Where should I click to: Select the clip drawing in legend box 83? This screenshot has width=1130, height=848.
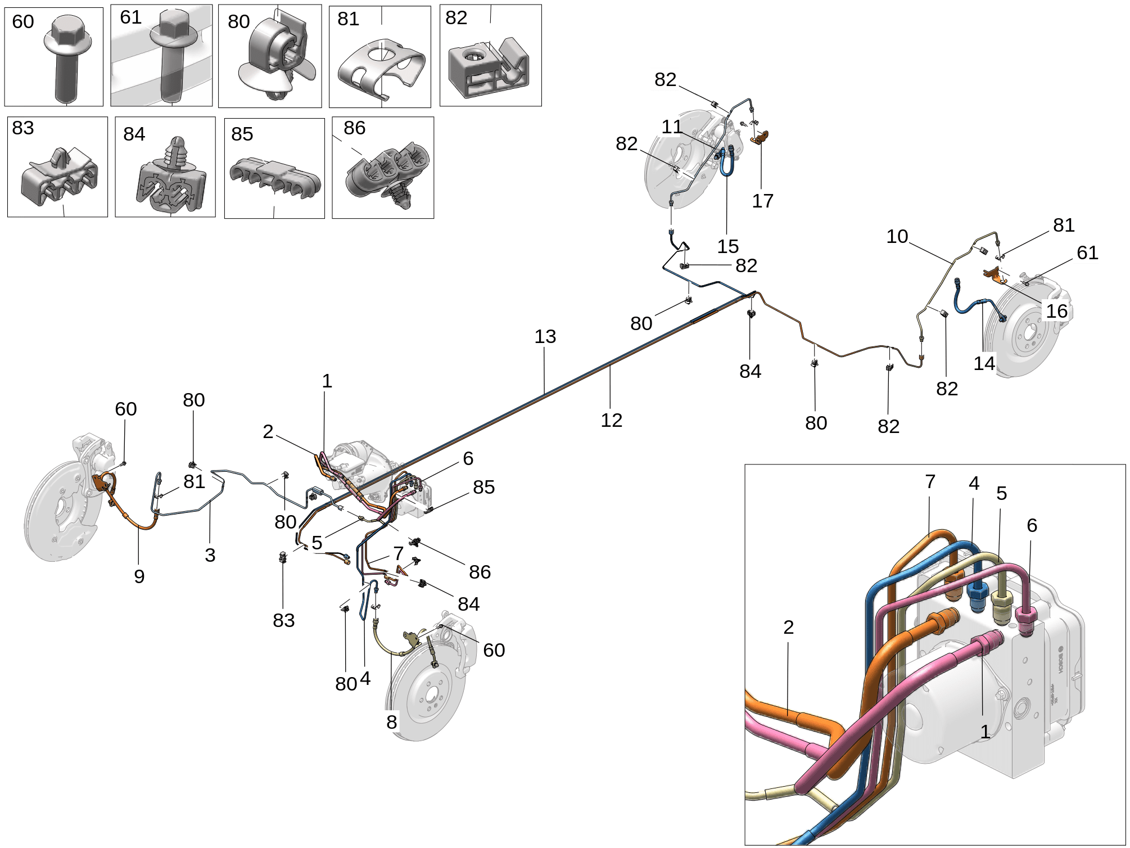click(x=58, y=177)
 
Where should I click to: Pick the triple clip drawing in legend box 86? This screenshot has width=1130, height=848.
click(x=388, y=172)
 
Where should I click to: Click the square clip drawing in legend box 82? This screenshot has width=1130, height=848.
click(x=489, y=67)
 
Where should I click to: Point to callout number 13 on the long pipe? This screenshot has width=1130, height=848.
click(x=545, y=336)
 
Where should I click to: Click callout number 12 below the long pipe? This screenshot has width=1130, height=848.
click(x=611, y=420)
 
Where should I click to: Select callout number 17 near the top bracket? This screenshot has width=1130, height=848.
click(x=762, y=201)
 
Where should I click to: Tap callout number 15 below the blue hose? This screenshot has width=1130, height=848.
click(x=727, y=246)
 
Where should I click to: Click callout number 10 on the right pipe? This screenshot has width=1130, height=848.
click(x=897, y=236)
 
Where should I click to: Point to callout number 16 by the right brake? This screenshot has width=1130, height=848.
click(x=1056, y=310)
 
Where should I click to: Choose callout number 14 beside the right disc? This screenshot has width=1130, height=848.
click(x=984, y=363)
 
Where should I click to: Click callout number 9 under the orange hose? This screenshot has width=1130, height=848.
click(x=139, y=576)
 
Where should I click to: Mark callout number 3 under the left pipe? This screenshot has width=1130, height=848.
click(x=210, y=555)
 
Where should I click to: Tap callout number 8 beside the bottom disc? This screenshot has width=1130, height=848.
click(x=391, y=721)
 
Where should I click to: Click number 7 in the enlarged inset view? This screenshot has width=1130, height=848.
click(x=930, y=481)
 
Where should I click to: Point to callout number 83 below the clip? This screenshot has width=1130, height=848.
click(x=283, y=620)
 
